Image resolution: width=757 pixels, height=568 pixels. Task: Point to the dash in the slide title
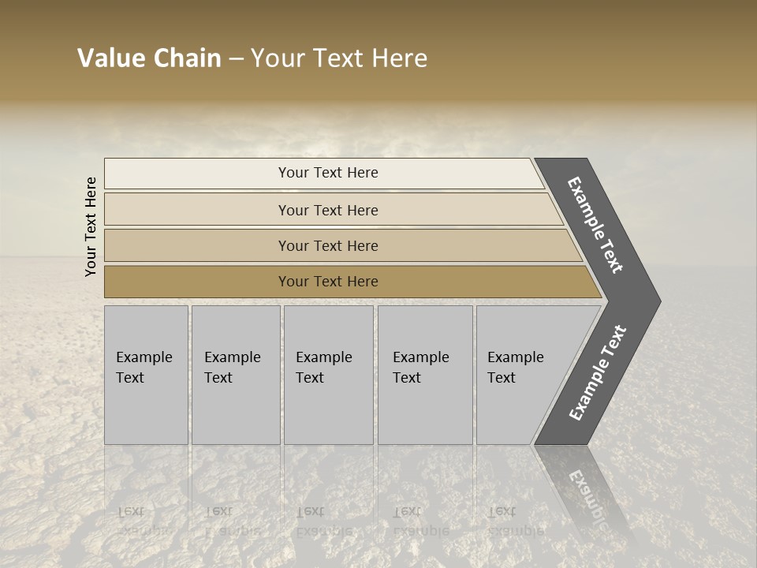point(236,59)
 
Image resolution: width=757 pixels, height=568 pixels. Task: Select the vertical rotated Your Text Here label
point(91,226)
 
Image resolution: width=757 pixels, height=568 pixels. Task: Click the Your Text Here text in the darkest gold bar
point(328,282)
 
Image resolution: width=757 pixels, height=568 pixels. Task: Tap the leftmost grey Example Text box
point(146,375)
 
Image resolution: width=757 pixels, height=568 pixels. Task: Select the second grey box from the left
point(236,375)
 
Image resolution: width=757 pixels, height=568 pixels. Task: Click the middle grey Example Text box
point(328,375)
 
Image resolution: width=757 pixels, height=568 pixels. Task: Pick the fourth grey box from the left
point(425,375)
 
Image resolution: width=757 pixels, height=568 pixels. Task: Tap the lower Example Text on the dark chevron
point(598,373)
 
